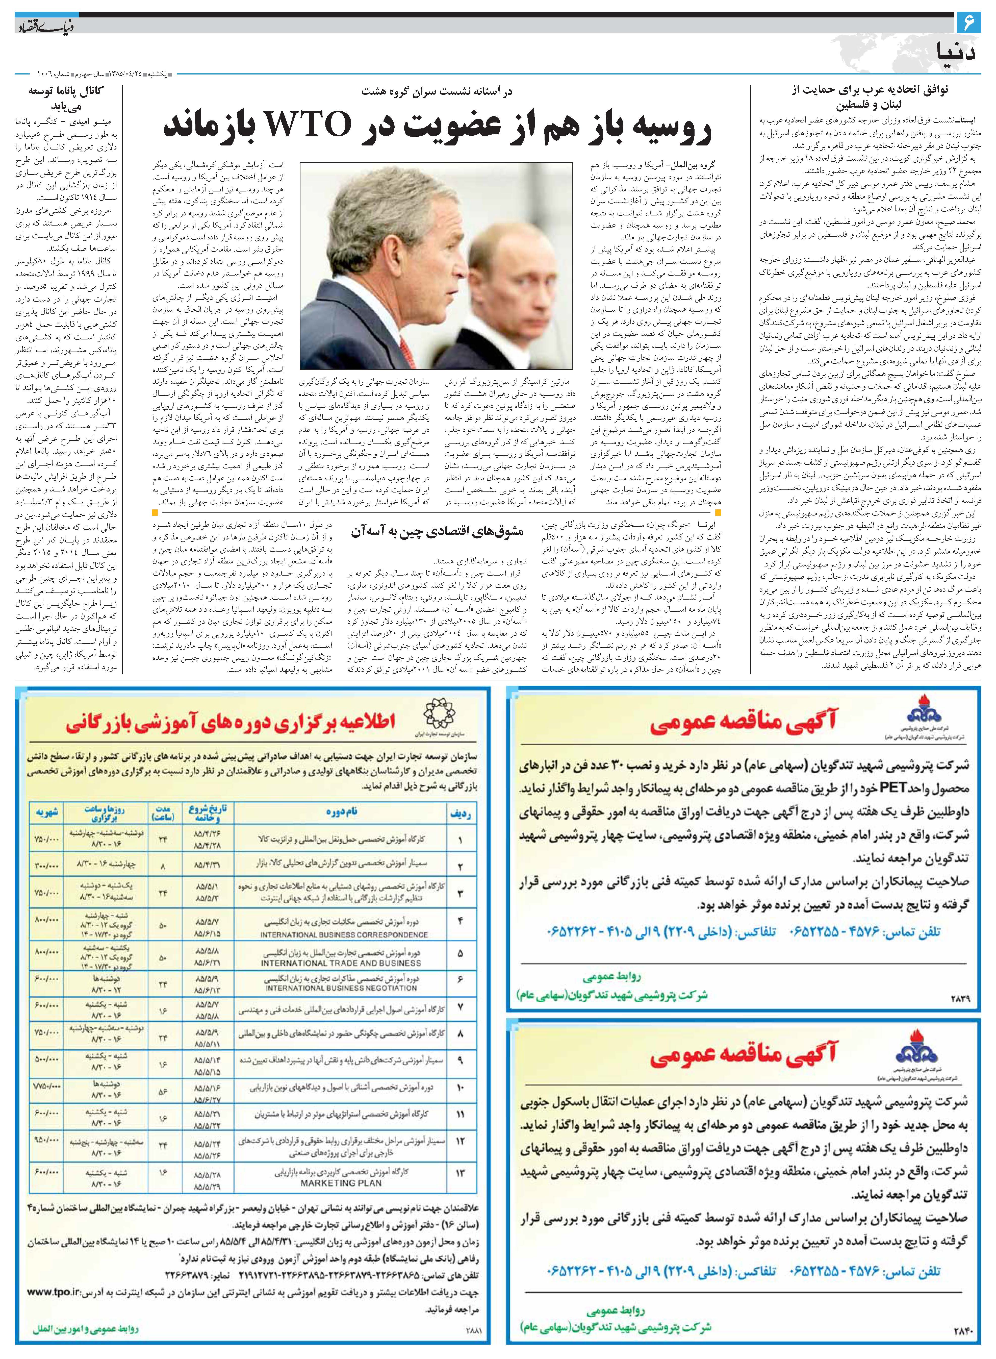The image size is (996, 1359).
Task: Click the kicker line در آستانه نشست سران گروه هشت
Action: (x=437, y=92)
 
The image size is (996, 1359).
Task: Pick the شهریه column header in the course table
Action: (x=46, y=812)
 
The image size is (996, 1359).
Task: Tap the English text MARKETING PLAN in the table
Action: (x=341, y=1183)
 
